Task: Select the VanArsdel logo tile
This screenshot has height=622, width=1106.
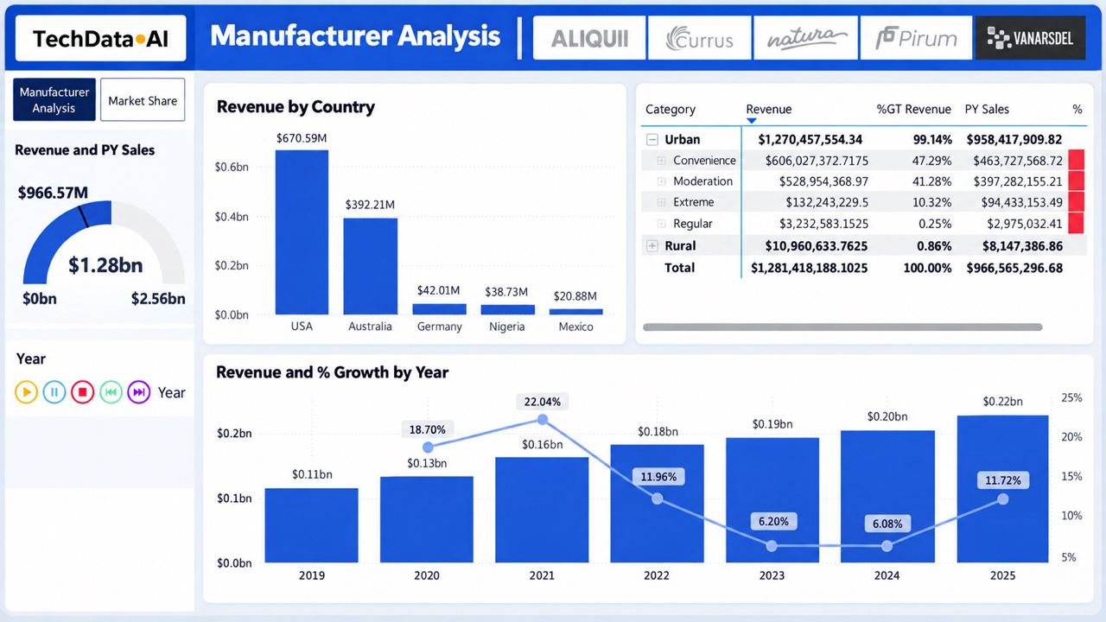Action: click(x=1030, y=38)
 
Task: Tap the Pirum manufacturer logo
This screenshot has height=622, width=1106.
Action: click(x=916, y=38)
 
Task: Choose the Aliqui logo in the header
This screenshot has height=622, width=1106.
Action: click(x=589, y=38)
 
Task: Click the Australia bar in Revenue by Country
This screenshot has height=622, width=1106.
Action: click(x=371, y=266)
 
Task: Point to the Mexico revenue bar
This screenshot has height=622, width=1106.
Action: click(x=575, y=312)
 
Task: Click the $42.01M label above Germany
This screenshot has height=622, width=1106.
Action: click(x=438, y=290)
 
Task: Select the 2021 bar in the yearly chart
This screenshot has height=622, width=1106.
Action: click(x=542, y=510)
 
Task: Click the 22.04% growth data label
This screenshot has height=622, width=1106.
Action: click(x=542, y=402)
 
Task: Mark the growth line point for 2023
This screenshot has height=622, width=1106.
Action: click(x=772, y=546)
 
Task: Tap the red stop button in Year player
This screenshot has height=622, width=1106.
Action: click(x=82, y=392)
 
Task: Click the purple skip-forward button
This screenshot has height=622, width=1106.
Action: click(x=139, y=392)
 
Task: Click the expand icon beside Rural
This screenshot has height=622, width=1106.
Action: click(x=652, y=246)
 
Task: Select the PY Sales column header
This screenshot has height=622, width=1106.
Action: click(x=987, y=109)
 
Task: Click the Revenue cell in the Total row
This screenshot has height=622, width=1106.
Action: click(x=809, y=268)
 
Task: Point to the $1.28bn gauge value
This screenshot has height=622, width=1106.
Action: click(x=105, y=265)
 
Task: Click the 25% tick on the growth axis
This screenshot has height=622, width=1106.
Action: click(x=1071, y=398)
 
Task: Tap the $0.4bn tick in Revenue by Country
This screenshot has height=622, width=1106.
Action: click(x=232, y=217)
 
